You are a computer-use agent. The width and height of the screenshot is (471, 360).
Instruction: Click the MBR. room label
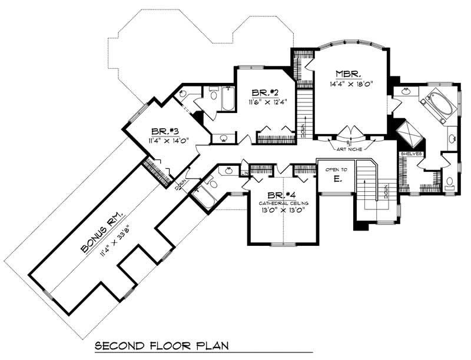[349, 74]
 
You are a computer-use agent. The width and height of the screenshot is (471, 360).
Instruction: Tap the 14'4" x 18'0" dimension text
[350, 84]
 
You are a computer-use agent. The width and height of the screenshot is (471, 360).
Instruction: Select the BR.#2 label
[264, 93]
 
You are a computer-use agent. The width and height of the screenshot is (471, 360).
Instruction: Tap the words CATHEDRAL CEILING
[281, 204]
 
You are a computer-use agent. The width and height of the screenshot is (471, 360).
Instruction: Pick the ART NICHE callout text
[350, 149]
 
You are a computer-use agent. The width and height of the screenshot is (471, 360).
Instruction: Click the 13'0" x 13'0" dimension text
[281, 212]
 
